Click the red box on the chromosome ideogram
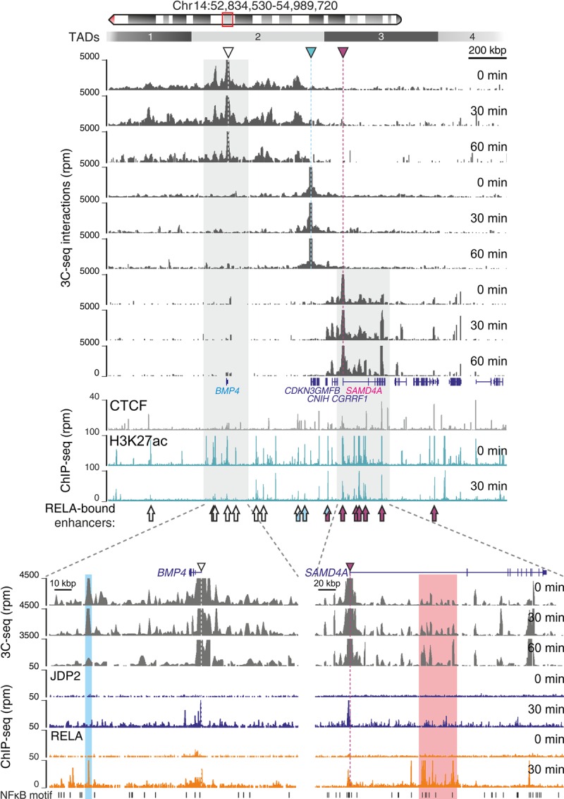[x=228, y=19]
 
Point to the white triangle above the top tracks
[x=227, y=52]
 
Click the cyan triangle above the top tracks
[x=311, y=52]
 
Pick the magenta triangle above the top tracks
[x=343, y=52]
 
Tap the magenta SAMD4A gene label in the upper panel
[x=362, y=390]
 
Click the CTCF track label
[x=128, y=405]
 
